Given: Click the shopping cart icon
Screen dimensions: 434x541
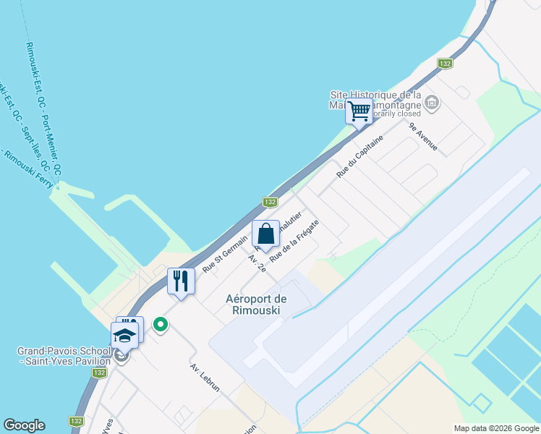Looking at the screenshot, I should point(359,112).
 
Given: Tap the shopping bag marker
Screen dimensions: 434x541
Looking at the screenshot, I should point(265,234).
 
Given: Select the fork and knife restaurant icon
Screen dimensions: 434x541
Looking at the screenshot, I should point(181,281).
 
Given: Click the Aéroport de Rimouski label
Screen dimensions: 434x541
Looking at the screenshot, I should point(257,305).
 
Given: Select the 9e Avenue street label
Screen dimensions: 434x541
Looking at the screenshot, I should point(423,136).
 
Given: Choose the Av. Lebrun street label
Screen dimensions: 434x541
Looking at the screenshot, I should point(205,376).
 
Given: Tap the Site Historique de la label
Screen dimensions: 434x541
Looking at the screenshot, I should point(375,95).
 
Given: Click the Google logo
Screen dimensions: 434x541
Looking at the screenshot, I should point(24,425).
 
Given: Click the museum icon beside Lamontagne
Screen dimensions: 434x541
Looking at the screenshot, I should point(433,102).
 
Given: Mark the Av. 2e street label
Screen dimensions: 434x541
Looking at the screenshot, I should point(257,263).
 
